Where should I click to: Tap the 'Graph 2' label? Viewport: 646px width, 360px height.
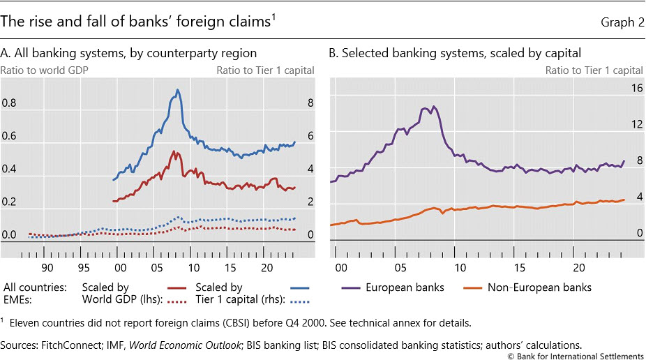[x=622, y=23]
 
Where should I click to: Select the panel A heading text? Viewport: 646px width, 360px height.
[x=129, y=53]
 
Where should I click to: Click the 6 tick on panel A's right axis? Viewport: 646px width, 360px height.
[x=310, y=136]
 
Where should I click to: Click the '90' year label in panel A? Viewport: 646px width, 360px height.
[x=47, y=267]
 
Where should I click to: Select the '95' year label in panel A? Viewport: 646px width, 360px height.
[x=83, y=267]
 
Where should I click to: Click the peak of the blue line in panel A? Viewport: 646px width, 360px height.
[x=178, y=89]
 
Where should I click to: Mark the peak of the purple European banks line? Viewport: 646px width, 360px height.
[x=433, y=106]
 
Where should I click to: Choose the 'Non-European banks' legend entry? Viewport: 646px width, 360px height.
[x=539, y=287]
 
